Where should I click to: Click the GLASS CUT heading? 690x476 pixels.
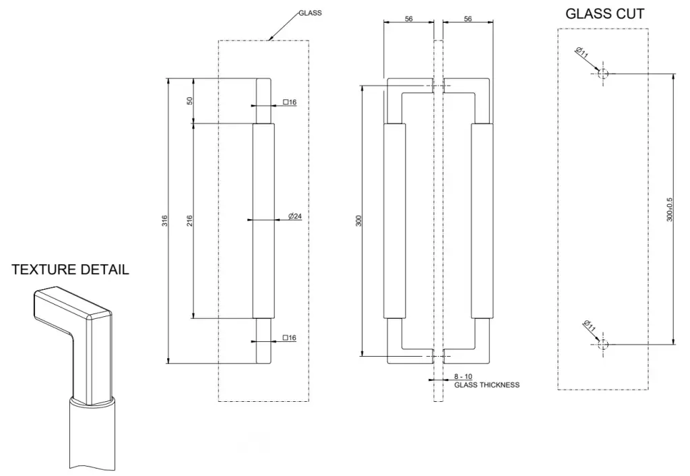(x=604, y=13)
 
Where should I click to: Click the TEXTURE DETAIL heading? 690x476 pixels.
(x=70, y=270)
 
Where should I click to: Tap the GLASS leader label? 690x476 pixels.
(x=310, y=13)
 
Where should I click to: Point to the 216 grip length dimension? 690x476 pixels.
(x=189, y=220)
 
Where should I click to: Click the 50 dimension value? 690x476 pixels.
(x=190, y=100)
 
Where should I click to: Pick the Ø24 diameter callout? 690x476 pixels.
(x=294, y=216)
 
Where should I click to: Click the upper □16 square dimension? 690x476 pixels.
(x=290, y=102)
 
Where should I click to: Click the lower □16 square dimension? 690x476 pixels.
(x=290, y=338)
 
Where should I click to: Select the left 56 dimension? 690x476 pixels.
(x=408, y=19)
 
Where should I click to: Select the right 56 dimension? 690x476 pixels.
(x=468, y=19)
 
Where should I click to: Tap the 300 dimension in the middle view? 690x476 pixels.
(x=359, y=220)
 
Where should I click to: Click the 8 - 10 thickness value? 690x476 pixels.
(x=464, y=376)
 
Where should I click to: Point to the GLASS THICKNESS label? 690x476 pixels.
(x=487, y=385)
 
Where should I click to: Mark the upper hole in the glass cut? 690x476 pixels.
(x=603, y=73)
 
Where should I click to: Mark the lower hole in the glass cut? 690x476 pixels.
(x=603, y=345)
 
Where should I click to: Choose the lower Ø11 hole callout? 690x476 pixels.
(x=588, y=327)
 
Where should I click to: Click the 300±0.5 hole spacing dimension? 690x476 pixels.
(x=669, y=210)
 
